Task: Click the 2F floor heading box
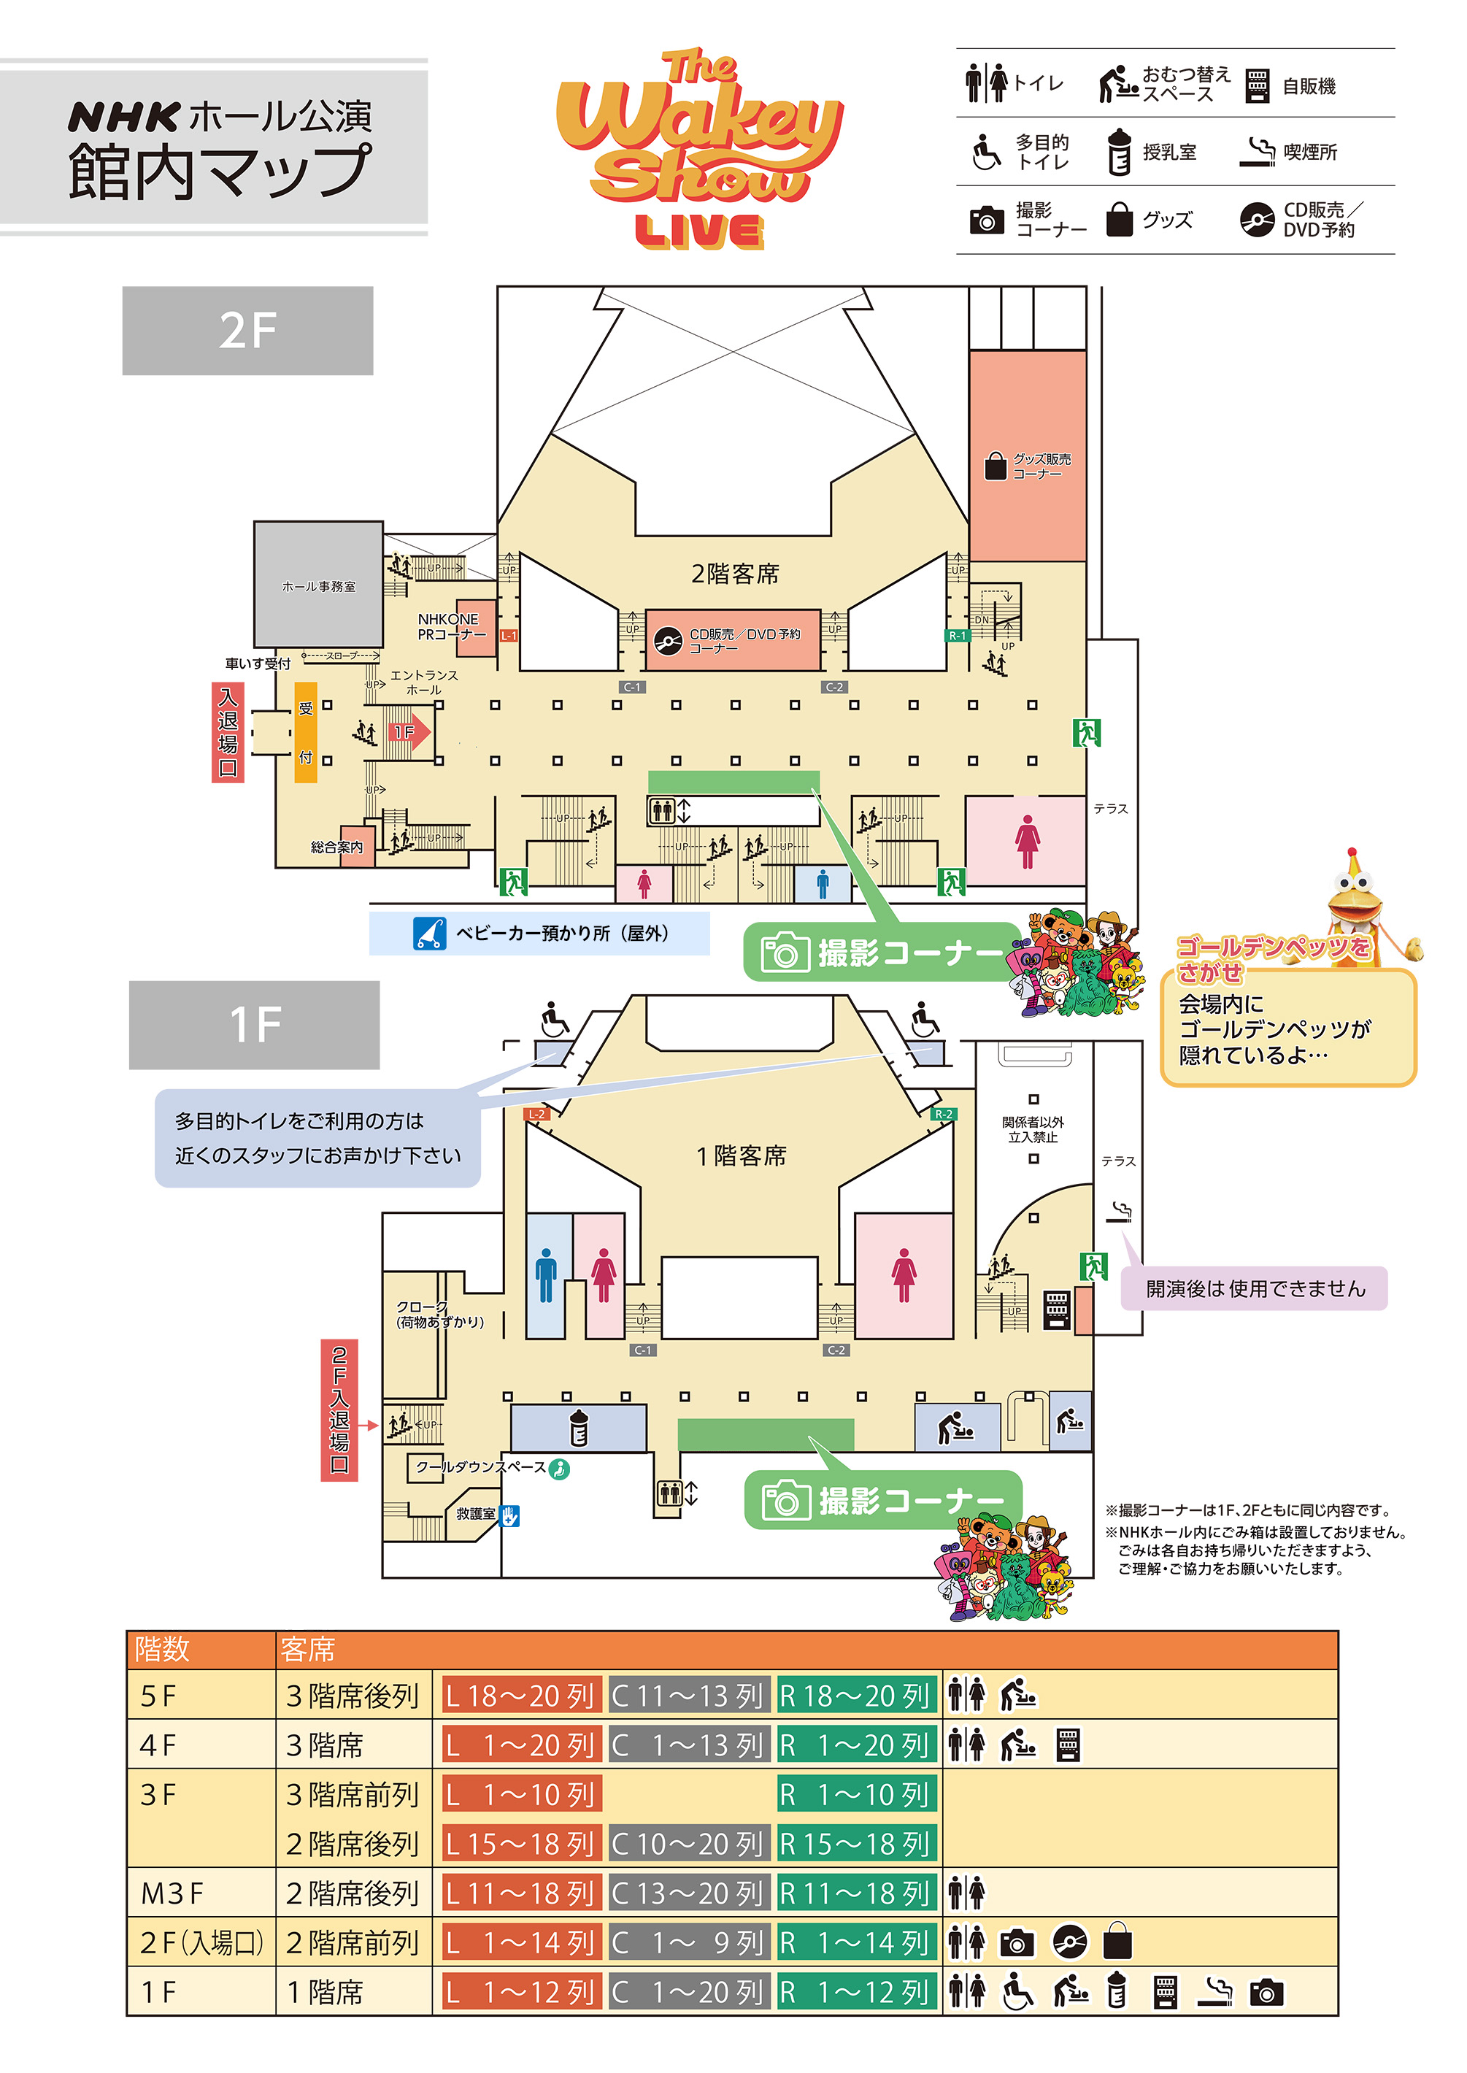tap(247, 331)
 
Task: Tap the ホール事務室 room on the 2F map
tap(318, 585)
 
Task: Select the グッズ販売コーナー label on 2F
tap(1041, 466)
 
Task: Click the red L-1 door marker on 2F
tap(509, 636)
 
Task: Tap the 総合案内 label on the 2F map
tap(337, 847)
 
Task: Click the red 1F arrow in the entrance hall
tap(410, 731)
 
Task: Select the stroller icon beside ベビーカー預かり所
tap(429, 933)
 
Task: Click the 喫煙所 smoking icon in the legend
tap(1257, 152)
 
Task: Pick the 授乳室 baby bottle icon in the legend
tap(1118, 151)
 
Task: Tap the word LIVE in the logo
tap(699, 231)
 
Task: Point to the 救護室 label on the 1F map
tap(475, 1514)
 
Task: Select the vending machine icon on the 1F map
tap(1056, 1309)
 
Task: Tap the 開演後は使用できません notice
tap(1255, 1288)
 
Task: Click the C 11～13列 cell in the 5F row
tap(688, 1696)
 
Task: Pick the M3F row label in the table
tap(172, 1893)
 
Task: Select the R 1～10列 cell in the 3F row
tap(856, 1794)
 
